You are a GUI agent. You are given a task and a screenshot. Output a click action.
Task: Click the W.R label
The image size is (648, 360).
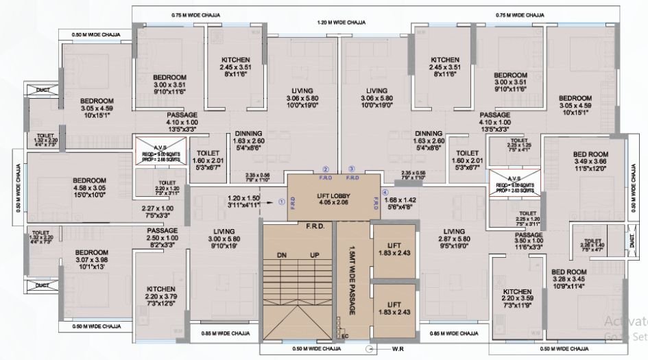pos(397,348)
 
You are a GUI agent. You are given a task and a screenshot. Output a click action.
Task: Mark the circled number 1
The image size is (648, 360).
pos(280,202)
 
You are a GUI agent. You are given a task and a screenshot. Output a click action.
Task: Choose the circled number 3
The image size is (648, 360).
pos(352,169)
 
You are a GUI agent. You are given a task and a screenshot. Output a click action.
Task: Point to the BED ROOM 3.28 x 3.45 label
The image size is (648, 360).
pos(570,276)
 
